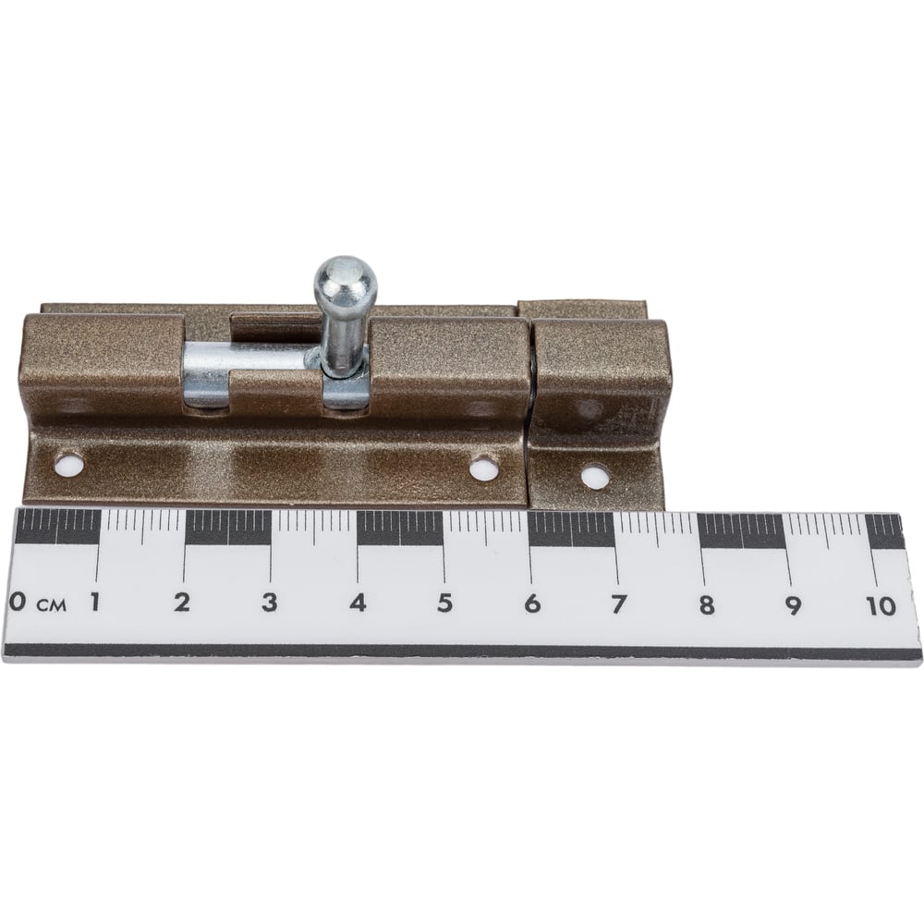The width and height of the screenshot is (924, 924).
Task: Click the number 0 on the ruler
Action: pos(18,602)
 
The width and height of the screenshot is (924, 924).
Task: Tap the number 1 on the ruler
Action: pos(94,602)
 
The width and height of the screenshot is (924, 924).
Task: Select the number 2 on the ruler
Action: pos(182,602)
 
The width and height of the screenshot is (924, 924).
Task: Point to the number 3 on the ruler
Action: pos(269,602)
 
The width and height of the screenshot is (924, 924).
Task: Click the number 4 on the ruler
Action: pos(358,602)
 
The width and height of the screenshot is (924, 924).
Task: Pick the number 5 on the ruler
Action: pos(445,603)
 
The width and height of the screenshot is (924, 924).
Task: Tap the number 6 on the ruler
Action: pos(532,603)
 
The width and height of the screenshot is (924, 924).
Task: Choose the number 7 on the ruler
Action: pos(618,604)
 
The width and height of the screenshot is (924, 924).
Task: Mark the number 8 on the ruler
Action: pos(707,605)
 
